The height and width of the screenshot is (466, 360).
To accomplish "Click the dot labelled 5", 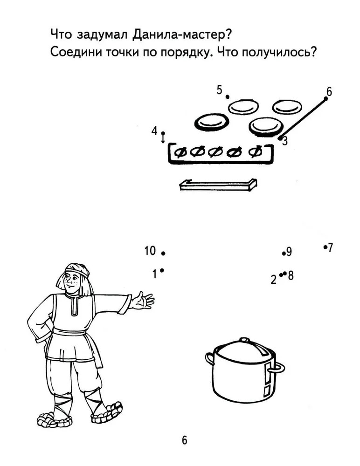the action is [227, 97].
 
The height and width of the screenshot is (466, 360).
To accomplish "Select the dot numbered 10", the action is [163, 253].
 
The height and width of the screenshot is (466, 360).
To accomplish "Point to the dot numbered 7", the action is [325, 247].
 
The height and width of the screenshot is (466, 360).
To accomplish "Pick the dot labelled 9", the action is [284, 254].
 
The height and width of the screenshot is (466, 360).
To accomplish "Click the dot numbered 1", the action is [162, 270].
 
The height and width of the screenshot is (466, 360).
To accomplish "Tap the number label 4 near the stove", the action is [154, 131].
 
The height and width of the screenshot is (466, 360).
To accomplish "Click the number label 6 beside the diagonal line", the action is [329, 92].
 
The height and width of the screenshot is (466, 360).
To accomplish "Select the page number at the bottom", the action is [185, 440].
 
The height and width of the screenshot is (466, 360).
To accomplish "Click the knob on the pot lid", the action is [244, 340].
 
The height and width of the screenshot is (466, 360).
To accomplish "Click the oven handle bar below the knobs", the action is [218, 185].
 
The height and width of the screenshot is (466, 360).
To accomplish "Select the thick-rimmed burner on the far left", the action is [212, 122].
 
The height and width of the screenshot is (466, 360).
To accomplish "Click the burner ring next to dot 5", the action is [243, 106].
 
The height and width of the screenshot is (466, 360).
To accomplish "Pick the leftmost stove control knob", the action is [181, 152].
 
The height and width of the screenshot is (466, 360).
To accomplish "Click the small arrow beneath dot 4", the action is [163, 138].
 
